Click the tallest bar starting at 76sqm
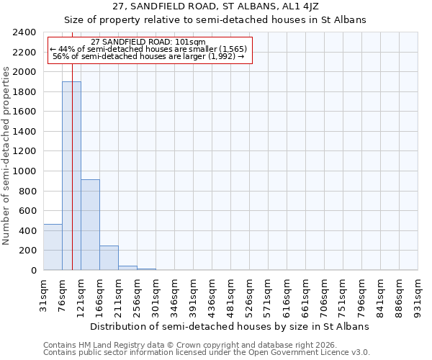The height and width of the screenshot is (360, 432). [x=71, y=176]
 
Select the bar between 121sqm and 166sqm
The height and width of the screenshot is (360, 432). [x=90, y=225]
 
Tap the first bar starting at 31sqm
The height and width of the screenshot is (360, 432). [x=53, y=247]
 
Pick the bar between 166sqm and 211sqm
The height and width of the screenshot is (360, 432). [x=109, y=258]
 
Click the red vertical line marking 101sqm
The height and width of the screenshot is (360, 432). [x=73, y=158]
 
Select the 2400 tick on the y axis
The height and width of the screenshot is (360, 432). [x=25, y=33]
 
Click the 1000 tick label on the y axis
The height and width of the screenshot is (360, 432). [x=25, y=171]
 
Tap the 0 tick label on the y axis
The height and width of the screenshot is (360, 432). [x=33, y=271]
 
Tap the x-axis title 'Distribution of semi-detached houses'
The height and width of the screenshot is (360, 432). [x=234, y=326]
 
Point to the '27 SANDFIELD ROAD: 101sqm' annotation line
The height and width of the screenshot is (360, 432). [x=149, y=42]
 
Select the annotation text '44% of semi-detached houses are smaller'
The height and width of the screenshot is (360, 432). [x=149, y=49]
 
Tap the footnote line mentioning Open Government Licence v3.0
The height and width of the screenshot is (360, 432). [x=207, y=353]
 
